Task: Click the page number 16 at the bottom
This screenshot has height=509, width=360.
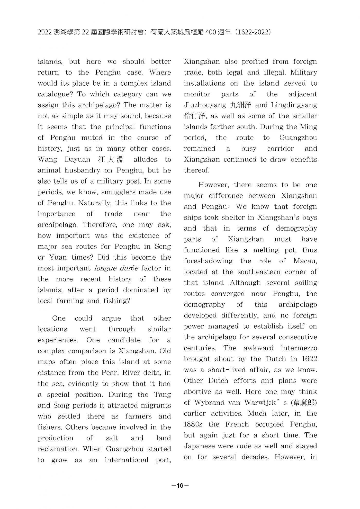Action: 180,485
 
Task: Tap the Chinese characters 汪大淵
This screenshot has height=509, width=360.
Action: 111,160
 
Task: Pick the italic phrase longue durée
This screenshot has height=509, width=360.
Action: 116,268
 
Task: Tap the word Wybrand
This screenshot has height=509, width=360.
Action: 208,403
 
